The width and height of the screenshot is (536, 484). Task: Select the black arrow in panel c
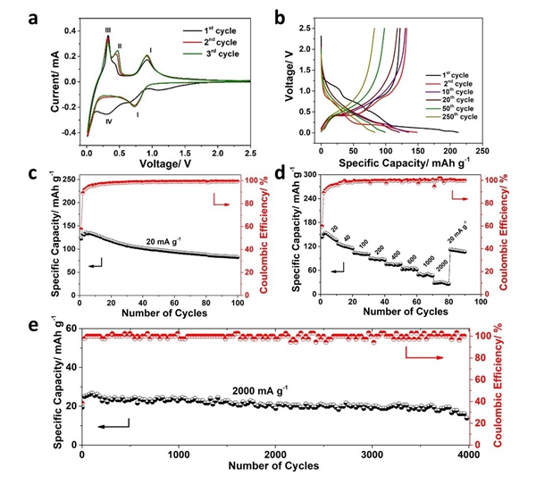96,264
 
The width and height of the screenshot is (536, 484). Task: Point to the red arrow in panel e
431,355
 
